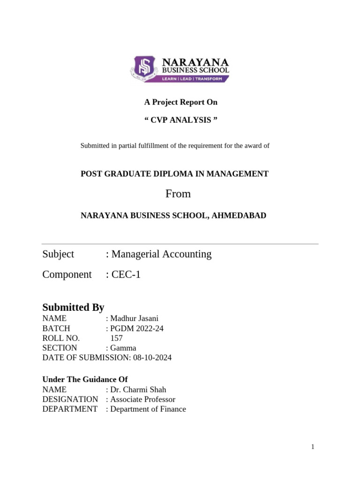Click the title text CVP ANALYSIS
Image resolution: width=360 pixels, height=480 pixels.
click(x=180, y=120)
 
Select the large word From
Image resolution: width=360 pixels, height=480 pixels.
click(x=178, y=194)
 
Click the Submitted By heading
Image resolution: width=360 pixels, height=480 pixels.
click(x=73, y=307)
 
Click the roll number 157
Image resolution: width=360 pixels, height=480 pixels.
click(x=117, y=338)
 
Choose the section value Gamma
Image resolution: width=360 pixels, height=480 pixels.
click(x=123, y=348)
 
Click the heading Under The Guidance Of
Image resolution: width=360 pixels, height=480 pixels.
click(x=85, y=379)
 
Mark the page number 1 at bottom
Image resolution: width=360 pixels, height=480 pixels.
click(x=313, y=447)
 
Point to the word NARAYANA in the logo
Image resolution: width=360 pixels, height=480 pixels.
click(x=195, y=62)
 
